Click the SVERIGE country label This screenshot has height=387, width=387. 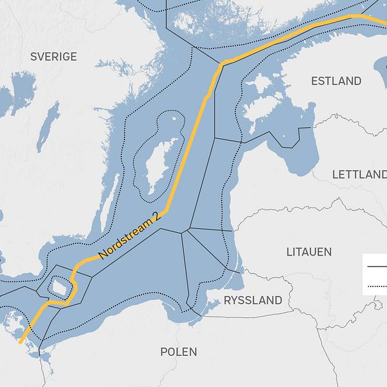pyautogui.click(x=54, y=57)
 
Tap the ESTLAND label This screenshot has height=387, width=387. pyautogui.click(x=336, y=81)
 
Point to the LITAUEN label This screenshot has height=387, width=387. pyautogui.click(x=309, y=252)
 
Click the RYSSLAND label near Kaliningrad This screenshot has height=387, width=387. pyautogui.click(x=253, y=300)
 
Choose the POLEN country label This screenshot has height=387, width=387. pyautogui.click(x=179, y=352)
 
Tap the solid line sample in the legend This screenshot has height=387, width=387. pyautogui.click(x=375, y=266)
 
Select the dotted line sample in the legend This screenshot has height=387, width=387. pyautogui.click(x=375, y=285)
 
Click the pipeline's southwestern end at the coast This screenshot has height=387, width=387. pyautogui.click(x=20, y=341)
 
